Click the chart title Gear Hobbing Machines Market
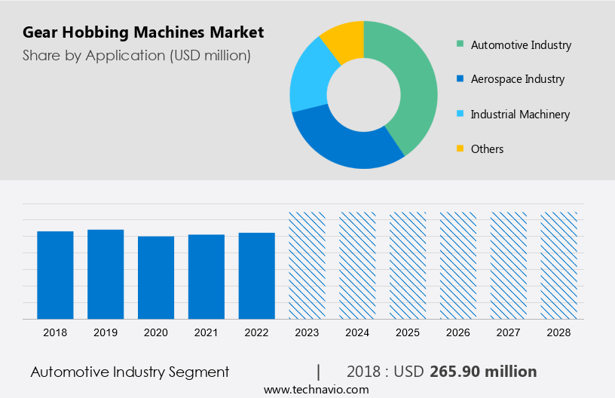143,32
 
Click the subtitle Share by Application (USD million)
136,55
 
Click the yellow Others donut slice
344,39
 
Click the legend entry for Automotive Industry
521,45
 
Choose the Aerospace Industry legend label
517,79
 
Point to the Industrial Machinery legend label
520,115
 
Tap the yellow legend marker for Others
460,149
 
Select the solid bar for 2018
55,275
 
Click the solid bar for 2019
106,274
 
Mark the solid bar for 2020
156,277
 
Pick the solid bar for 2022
257,276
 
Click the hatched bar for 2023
307,265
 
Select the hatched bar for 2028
559,265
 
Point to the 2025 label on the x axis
408,332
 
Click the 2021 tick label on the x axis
207,332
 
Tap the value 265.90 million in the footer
483,372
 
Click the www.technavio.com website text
316,390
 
